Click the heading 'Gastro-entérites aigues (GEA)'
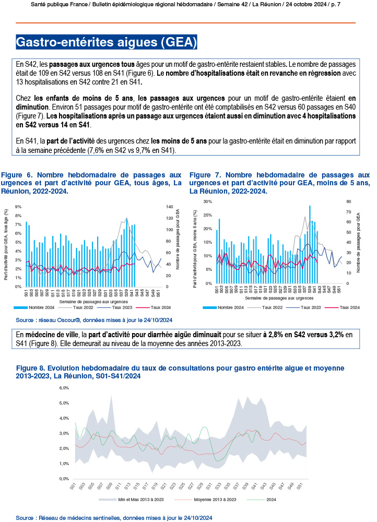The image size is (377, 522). click(x=107, y=41)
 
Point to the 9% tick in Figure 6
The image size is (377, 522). click(x=18, y=207)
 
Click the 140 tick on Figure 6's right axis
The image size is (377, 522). click(x=169, y=207)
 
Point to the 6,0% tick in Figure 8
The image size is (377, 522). click(x=64, y=388)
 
